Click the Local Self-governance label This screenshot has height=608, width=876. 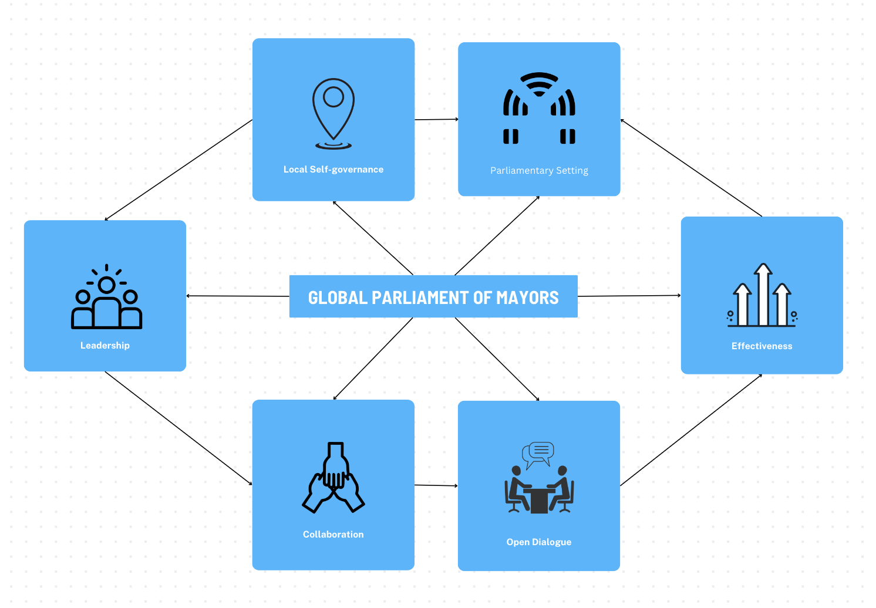333,170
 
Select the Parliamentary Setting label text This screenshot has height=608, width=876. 539,171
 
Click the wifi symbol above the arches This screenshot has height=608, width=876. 539,84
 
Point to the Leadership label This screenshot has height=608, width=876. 105,346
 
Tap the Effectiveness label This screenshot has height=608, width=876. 762,346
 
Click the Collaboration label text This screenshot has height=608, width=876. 333,535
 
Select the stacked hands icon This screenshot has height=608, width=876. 333,478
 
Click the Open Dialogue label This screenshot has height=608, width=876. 538,542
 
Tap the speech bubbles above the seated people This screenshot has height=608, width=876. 538,453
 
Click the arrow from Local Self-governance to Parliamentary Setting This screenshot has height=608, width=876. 436,120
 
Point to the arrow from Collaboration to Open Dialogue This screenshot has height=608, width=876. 436,485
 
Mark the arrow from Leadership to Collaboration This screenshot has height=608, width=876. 178,428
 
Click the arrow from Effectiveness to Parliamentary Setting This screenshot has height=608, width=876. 691,168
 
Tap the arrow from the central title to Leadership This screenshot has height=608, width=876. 238,296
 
